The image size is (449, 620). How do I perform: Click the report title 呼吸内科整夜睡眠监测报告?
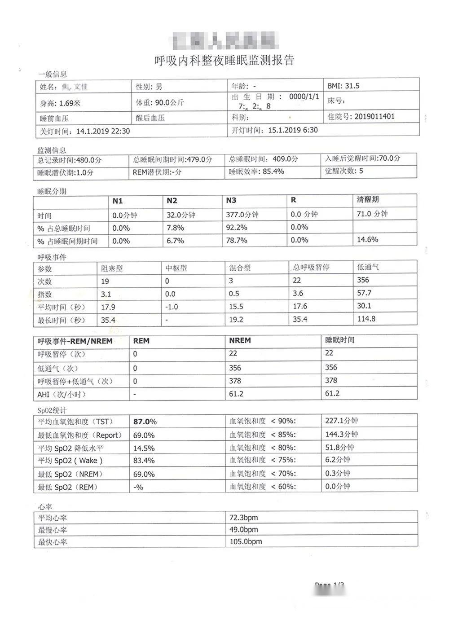click(x=224, y=60)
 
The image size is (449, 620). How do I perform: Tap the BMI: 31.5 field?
click(x=343, y=86)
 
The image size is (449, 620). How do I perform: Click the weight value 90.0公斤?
click(x=169, y=102)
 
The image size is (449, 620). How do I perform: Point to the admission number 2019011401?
click(x=374, y=116)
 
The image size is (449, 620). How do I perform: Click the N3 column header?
click(x=231, y=201)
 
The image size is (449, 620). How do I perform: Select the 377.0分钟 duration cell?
click(x=242, y=215)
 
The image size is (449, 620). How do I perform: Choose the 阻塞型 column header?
click(x=112, y=268)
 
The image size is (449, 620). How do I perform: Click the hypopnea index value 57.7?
click(x=364, y=293)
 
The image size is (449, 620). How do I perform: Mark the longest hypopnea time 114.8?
click(x=366, y=319)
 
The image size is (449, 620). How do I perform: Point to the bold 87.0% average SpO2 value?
click(x=145, y=422)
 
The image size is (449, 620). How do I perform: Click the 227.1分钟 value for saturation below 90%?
click(x=341, y=421)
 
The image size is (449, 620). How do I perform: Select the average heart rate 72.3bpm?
click(x=243, y=517)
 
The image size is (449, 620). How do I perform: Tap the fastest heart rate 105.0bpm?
click(x=245, y=541)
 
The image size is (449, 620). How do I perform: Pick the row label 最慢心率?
click(x=53, y=530)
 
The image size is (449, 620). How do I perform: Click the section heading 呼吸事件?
click(x=52, y=257)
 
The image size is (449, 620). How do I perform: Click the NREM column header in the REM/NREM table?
click(x=240, y=340)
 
